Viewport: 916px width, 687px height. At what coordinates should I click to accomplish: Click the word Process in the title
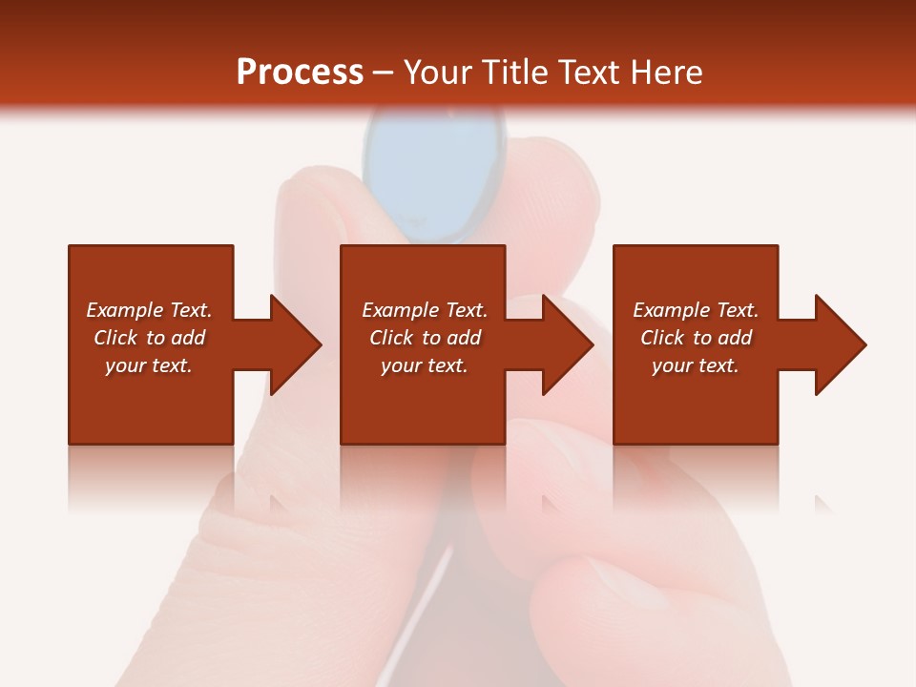[x=300, y=73]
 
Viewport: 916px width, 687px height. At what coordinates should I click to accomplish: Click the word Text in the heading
[x=587, y=73]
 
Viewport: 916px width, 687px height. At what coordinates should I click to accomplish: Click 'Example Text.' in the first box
[x=149, y=310]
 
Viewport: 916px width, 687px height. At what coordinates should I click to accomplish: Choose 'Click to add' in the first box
[x=149, y=338]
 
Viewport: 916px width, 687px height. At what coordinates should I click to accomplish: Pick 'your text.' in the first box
[x=149, y=365]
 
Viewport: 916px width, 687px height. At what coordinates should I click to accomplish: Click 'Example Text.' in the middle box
[x=425, y=310]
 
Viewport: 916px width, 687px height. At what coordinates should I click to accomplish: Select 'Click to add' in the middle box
[x=425, y=338]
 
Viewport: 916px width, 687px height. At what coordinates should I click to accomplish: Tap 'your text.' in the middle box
[x=425, y=365]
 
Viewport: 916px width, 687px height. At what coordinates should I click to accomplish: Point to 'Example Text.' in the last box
[x=696, y=310]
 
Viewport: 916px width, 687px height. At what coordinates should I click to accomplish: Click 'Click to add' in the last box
[x=696, y=338]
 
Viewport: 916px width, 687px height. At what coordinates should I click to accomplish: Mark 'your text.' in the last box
[x=696, y=365]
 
